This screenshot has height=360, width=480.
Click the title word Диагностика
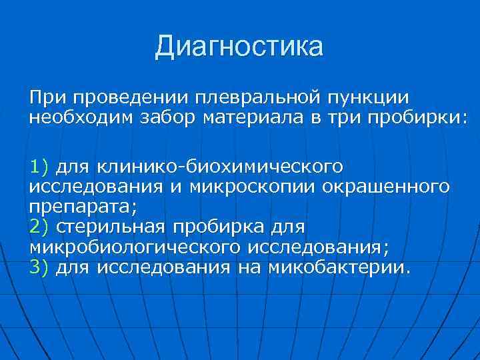coord(239,47)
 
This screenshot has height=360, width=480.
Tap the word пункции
coord(375,98)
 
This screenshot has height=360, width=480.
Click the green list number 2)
coord(40,227)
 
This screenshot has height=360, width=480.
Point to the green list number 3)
coord(40,268)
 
